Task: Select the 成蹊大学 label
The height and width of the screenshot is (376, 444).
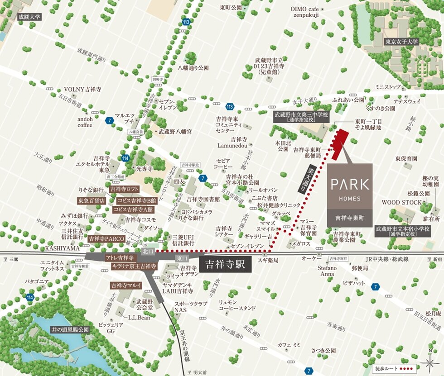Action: pyautogui.click(x=29, y=17)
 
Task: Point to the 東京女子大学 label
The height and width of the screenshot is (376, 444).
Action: pyautogui.click(x=401, y=41)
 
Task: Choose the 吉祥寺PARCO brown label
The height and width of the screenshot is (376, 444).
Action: pyautogui.click(x=106, y=238)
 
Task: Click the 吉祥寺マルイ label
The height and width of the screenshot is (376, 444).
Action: pyautogui.click(x=126, y=286)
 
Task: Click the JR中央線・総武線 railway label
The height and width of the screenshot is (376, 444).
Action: pyautogui.click(x=387, y=259)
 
